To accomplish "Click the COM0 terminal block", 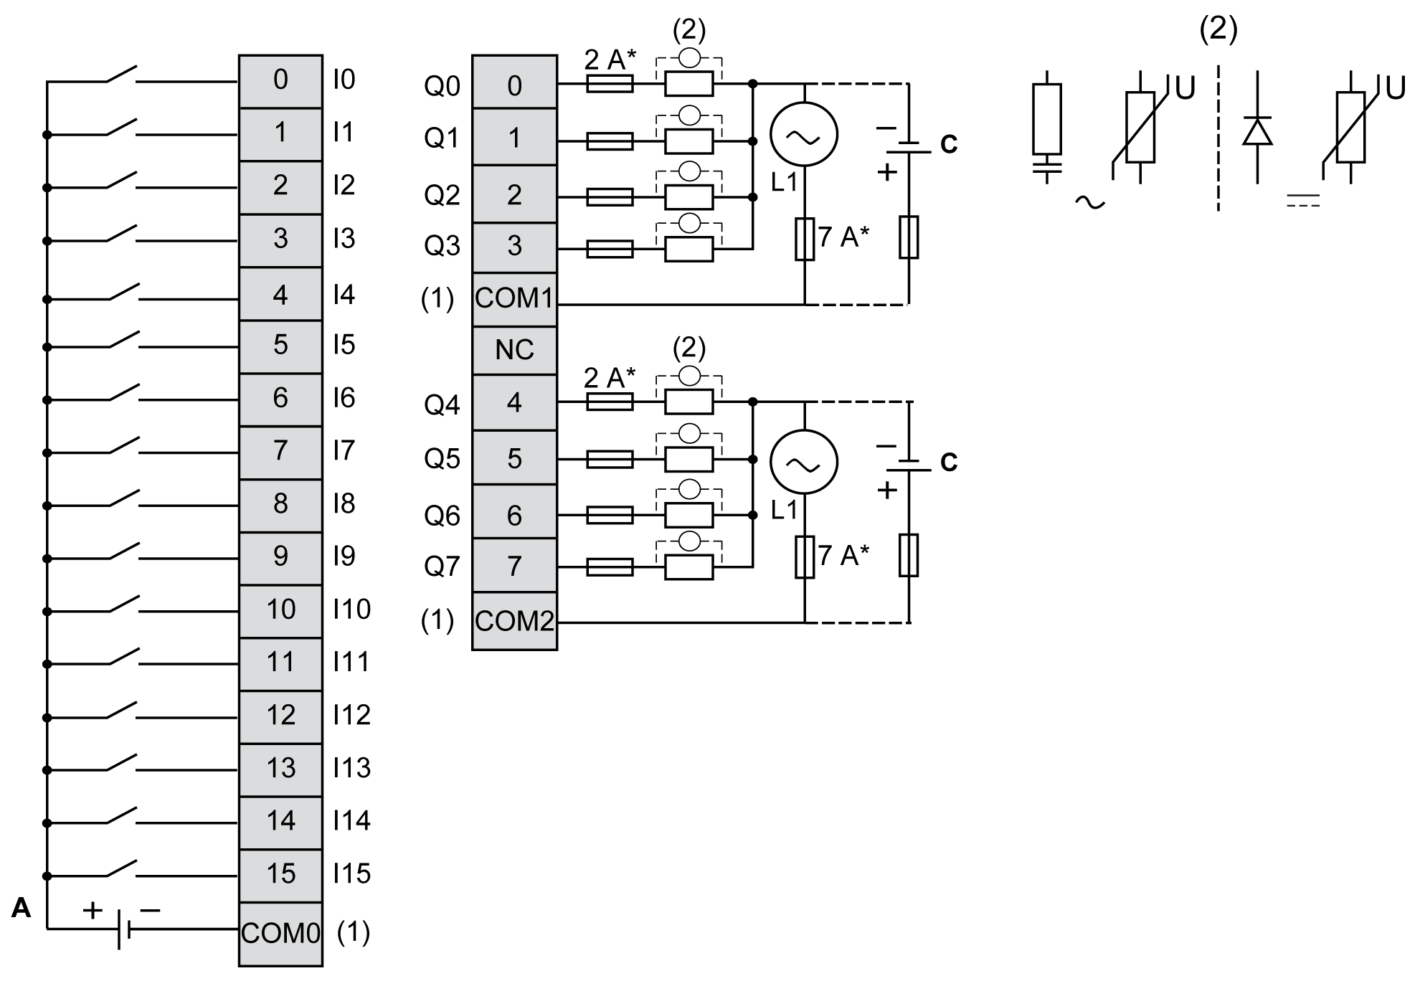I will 280,933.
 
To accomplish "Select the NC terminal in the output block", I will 514,350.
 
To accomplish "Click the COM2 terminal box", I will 514,621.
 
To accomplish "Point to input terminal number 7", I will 280,451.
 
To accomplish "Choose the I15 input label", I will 351,873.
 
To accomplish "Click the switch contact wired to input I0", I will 122,75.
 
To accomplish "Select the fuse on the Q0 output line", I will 610,85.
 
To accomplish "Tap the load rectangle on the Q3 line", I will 688,249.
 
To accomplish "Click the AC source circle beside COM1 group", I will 804,134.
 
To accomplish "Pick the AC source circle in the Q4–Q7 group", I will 804,462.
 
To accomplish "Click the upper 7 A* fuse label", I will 843,236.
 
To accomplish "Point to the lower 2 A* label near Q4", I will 610,376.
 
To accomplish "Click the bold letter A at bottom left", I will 22,909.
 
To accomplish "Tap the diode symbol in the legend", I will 1257,132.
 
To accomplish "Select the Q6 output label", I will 442,516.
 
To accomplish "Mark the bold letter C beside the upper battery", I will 948,144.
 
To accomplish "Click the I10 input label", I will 351,610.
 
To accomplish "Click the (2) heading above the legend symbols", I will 1218,29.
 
